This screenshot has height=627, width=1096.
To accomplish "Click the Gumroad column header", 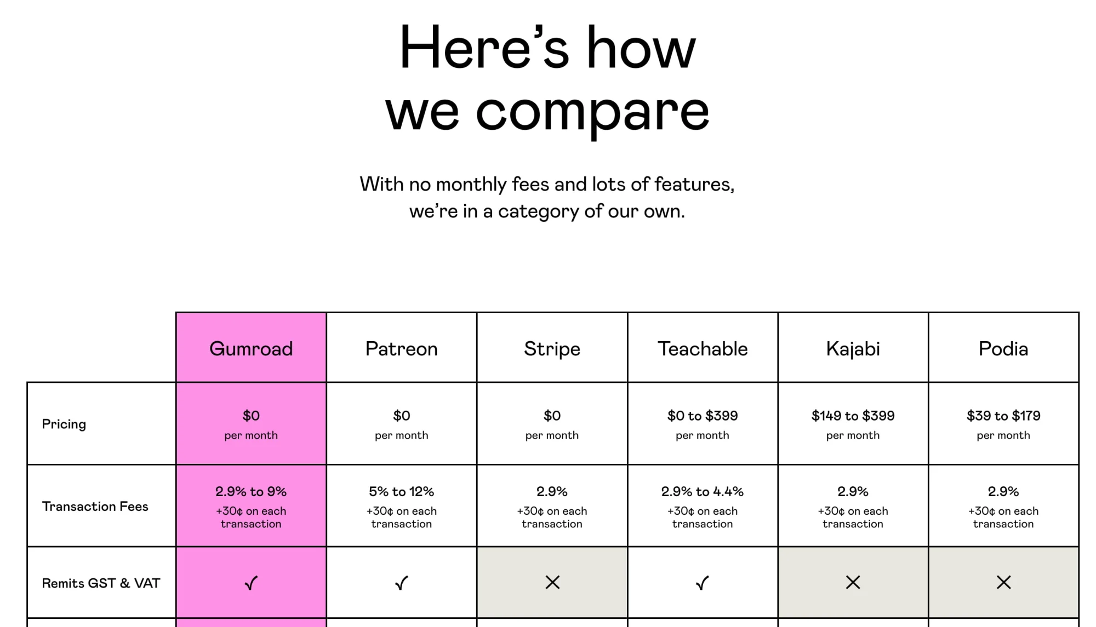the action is (251, 349).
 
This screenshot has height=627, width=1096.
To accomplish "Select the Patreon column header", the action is (402, 349).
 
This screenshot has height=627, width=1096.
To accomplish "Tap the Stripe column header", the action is (552, 349).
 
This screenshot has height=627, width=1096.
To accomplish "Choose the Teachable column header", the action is (703, 349).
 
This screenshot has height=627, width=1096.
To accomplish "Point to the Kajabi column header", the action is (853, 349).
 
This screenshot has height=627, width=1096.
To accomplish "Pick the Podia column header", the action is (1003, 349).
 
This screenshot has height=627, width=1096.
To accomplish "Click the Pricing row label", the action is (64, 424).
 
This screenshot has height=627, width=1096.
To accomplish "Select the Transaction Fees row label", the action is (95, 507).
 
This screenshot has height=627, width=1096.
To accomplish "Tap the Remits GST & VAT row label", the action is (101, 583).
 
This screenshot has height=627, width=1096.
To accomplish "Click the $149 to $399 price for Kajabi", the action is (853, 416).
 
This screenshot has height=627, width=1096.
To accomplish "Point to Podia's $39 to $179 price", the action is (1003, 416).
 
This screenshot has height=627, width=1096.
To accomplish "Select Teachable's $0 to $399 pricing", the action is (703, 416).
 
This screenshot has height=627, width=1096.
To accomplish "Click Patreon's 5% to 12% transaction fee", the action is (402, 492).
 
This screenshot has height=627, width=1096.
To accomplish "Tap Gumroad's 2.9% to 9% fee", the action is (251, 492).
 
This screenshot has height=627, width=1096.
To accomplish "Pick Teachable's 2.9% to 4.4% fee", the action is (703, 492).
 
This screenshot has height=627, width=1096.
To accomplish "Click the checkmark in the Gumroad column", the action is (251, 583).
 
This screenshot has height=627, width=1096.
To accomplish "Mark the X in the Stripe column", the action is (552, 583).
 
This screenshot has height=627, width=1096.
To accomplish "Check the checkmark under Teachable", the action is (703, 583).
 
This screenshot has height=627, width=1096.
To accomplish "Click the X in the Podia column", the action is (1004, 583).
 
